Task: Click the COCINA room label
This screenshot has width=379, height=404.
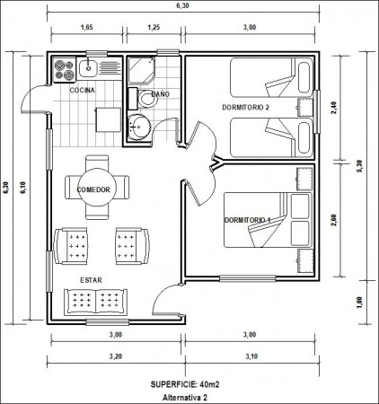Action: pos(82,90)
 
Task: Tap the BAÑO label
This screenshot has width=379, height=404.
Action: pos(161,94)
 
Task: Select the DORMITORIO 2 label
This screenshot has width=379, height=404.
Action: pos(245,107)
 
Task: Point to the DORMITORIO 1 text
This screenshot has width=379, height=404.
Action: pos(247,220)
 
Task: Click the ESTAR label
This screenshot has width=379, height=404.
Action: pos(91,280)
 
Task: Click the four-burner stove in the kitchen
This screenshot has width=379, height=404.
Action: pos(65,70)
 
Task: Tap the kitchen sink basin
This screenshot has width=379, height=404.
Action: pos(88,67)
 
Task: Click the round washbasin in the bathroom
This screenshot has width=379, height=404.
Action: pos(138,127)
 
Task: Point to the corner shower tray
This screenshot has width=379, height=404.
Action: pos(142,70)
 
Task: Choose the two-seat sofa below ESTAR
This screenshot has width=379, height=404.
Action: pos(96,302)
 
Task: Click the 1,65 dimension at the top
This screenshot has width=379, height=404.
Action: pos(87,27)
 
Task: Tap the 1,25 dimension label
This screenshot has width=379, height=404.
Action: pos(154,27)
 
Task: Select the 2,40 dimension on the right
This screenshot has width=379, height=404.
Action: pos(334,108)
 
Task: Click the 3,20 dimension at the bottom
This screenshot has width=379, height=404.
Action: pos(116,356)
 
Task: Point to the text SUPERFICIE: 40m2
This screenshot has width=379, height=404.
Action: pos(185,384)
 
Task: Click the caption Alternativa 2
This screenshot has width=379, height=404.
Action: pos(185,398)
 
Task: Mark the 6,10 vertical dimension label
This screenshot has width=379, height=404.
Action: pos(23,188)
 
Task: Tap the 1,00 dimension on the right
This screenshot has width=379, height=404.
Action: pos(359,303)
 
